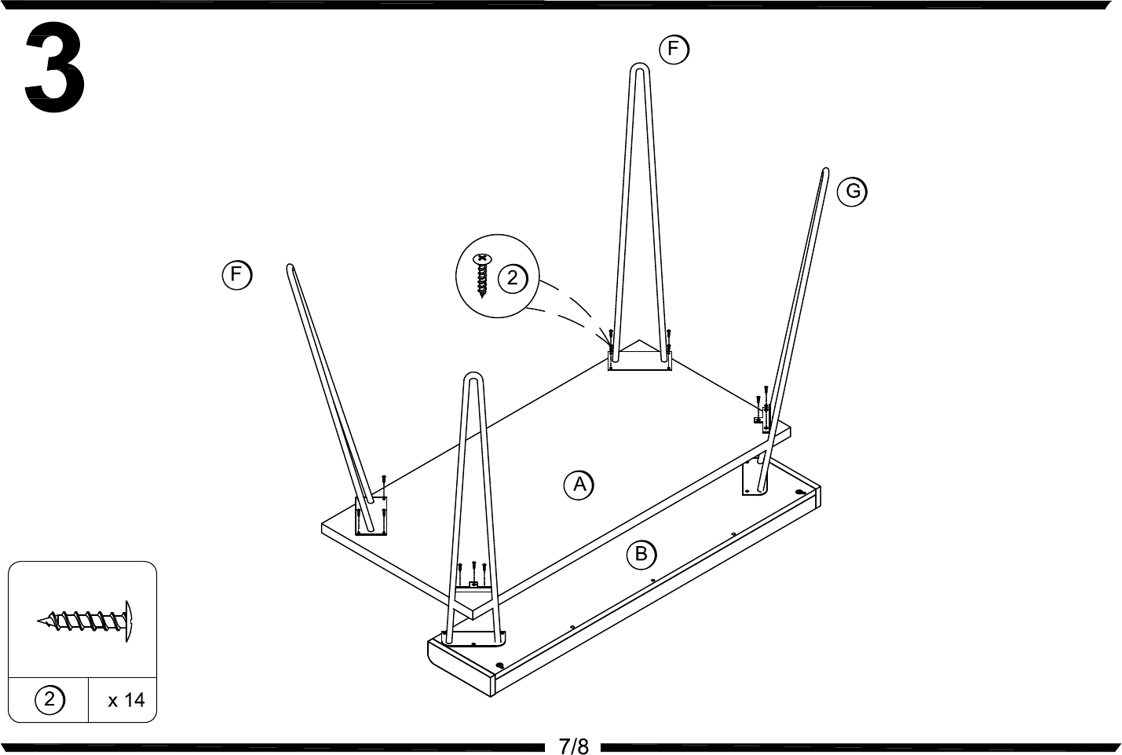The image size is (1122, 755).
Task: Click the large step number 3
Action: [x=55, y=67]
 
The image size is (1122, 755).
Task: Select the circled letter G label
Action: [x=852, y=192]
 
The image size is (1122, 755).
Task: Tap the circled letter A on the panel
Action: [x=579, y=485]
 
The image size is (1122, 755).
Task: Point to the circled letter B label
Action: [x=641, y=555]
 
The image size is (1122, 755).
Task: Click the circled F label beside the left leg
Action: [x=237, y=275]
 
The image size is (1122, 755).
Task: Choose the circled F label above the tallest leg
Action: [x=674, y=49]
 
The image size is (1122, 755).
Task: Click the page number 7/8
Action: [x=573, y=746]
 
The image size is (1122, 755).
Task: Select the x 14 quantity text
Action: [x=126, y=700]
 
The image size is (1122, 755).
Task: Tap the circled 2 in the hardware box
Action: [x=49, y=699]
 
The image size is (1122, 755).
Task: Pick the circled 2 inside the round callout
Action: [x=513, y=278]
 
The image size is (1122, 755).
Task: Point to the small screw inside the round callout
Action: [x=482, y=276]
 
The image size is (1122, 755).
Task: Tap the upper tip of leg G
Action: [x=825, y=170]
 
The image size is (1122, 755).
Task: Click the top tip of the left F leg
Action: [x=290, y=266]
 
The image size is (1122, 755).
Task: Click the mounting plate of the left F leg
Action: [x=371, y=516]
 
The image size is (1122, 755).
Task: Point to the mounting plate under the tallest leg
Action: [x=640, y=361]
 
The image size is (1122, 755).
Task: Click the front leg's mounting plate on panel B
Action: [x=473, y=639]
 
